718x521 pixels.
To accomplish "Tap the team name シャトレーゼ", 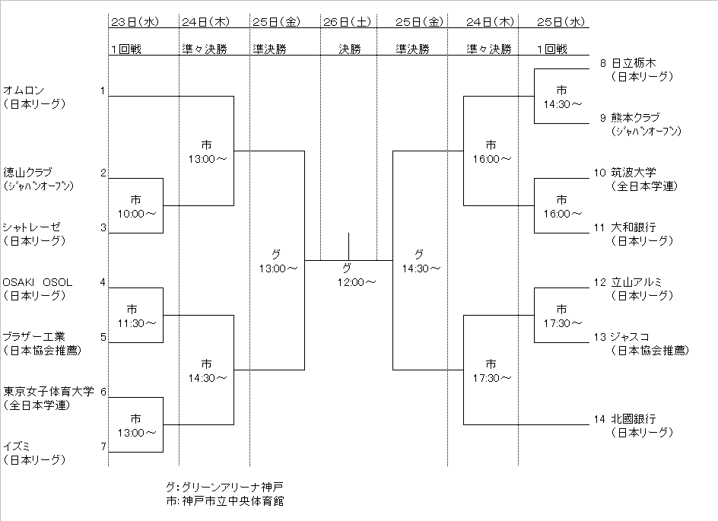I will click(x=31, y=227).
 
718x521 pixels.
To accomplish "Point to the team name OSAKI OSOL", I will click(x=38, y=282).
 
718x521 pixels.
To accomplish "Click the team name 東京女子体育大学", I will click(x=49, y=392).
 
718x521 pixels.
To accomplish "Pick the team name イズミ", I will click(x=17, y=446).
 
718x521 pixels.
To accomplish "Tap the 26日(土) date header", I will click(x=348, y=21).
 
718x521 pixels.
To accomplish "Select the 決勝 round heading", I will click(x=348, y=49).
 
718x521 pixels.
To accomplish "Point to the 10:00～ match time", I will click(x=136, y=214).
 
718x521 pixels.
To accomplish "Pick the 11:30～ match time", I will click(x=136, y=323).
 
